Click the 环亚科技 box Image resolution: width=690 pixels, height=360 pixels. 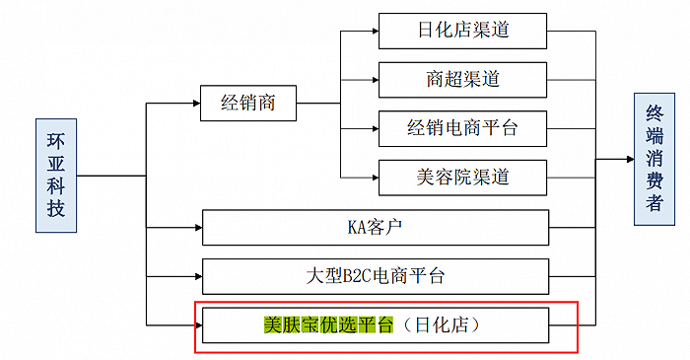55,176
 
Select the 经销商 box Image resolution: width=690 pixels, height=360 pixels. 247,103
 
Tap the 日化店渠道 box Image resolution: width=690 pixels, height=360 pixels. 462,30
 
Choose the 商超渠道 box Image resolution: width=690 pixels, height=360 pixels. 462,79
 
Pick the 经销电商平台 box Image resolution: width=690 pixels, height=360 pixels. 462,128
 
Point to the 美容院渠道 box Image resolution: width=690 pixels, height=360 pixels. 462,178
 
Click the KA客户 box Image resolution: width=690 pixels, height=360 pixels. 375,227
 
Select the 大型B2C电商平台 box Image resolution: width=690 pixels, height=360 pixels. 375,276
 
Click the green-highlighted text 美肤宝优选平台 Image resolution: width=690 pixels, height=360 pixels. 328,324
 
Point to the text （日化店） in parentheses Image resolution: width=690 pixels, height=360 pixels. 446,324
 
